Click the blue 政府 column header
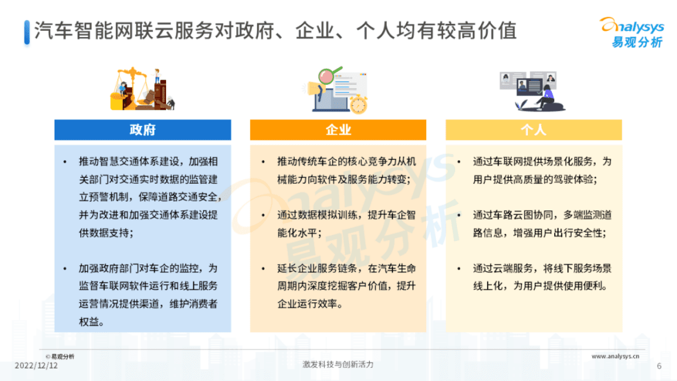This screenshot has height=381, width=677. pos(142,130)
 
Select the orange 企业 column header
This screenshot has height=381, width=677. pos(338,130)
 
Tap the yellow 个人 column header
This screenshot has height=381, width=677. pos(533,130)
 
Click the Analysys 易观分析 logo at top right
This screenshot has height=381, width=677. pos(631,32)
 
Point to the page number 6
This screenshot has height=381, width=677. pos(659,366)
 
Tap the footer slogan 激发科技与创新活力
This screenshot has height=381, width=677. pos(338,365)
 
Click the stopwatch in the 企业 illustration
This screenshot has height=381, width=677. pos(358,104)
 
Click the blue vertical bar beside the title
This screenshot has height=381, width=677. pos(27,31)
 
